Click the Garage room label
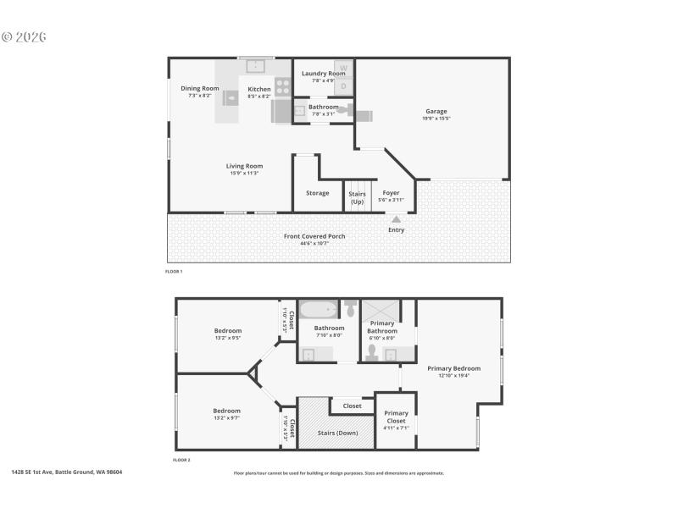coord(436,112)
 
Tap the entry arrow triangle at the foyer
coord(396,219)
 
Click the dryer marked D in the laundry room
coord(343,86)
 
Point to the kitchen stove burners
coord(281,86)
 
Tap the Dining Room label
coord(199,89)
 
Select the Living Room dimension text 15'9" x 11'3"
coord(244,174)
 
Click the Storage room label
coord(317,193)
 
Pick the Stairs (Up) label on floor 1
coord(357,197)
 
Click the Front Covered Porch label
coord(314,236)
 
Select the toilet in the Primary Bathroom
coord(372,349)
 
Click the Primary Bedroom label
coord(453,368)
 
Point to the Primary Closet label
coord(396,417)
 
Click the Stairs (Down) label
coord(337,433)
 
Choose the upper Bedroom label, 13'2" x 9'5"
coord(227,331)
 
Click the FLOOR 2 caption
coord(181,460)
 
